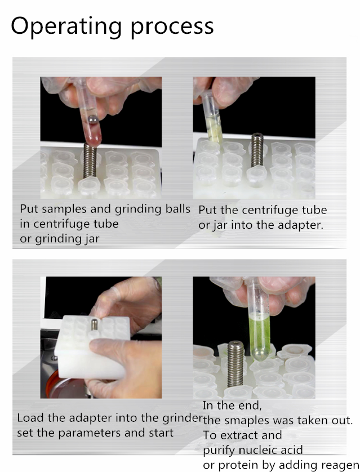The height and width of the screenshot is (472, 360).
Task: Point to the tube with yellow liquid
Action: pyautogui.click(x=212, y=122)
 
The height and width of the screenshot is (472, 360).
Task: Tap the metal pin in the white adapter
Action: pyautogui.click(x=93, y=324)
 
